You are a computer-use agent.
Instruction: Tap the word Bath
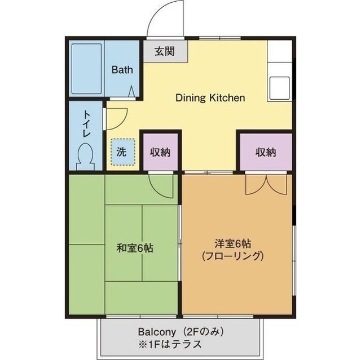coord(122,70)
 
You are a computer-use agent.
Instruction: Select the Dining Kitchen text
coord(210,97)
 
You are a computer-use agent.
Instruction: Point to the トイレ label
coord(87,124)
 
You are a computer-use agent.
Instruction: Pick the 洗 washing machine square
coord(122,152)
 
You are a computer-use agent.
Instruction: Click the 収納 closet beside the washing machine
coord(160,152)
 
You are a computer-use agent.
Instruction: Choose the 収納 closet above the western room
coord(265,152)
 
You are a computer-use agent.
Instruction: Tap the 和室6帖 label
coord(135,247)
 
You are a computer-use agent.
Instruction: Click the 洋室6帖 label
coord(232,243)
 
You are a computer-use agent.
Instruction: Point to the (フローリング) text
coord(232,256)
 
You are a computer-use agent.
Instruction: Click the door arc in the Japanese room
coord(162,185)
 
